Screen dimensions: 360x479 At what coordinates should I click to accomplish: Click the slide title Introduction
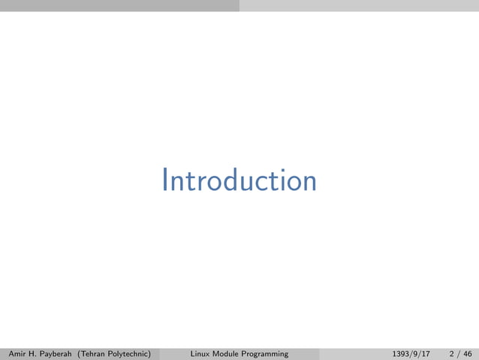point(239,181)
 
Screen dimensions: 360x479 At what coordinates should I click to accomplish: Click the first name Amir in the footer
point(16,353)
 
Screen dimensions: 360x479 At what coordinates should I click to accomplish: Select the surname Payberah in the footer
point(63,353)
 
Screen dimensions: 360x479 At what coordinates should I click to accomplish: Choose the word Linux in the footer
point(200,353)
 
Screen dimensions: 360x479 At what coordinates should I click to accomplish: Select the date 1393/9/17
point(411,353)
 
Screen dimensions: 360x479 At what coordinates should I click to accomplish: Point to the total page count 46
point(468,353)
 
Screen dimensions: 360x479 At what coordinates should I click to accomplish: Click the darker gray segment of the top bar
point(119,5)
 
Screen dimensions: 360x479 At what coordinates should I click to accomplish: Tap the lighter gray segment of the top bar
point(359,5)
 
